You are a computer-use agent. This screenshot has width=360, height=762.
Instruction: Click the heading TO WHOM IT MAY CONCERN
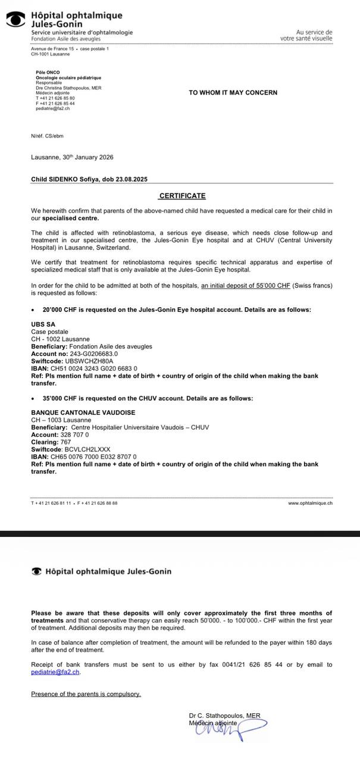click(233, 92)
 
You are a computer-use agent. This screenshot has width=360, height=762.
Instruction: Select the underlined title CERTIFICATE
click(182, 196)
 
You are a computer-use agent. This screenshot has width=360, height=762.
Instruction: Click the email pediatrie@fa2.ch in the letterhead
click(52, 108)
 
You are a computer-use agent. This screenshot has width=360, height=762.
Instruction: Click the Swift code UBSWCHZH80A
click(89, 361)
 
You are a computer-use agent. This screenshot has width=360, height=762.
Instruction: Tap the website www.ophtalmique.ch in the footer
click(310, 503)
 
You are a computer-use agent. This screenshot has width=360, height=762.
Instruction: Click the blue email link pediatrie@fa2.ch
click(55, 672)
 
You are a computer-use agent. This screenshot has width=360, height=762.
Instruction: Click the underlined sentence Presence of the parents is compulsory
click(86, 694)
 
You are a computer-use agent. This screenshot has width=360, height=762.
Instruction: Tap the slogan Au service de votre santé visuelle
click(306, 35)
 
